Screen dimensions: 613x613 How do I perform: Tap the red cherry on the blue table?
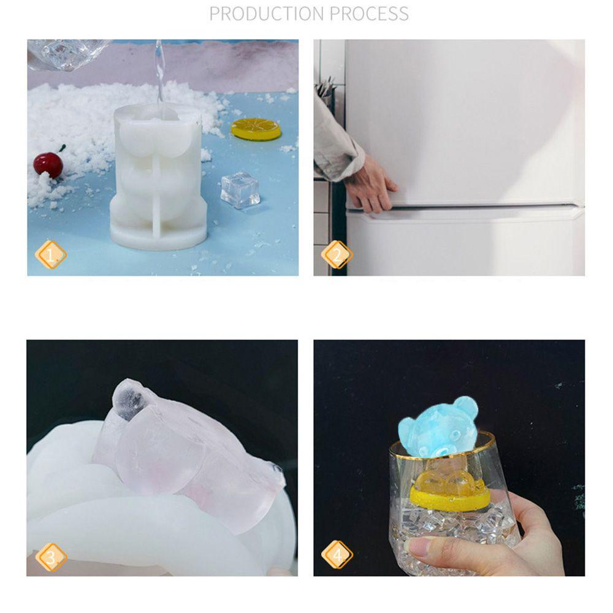point(48,165)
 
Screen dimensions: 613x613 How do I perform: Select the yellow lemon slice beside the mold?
point(256,129)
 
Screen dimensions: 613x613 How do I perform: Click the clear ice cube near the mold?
point(240,189)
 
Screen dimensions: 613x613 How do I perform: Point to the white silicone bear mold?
point(158,178)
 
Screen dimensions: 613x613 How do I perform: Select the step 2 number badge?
point(337,254)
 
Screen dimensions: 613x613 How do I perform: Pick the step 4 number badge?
point(337,555)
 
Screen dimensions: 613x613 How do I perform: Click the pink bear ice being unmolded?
point(178,447)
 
